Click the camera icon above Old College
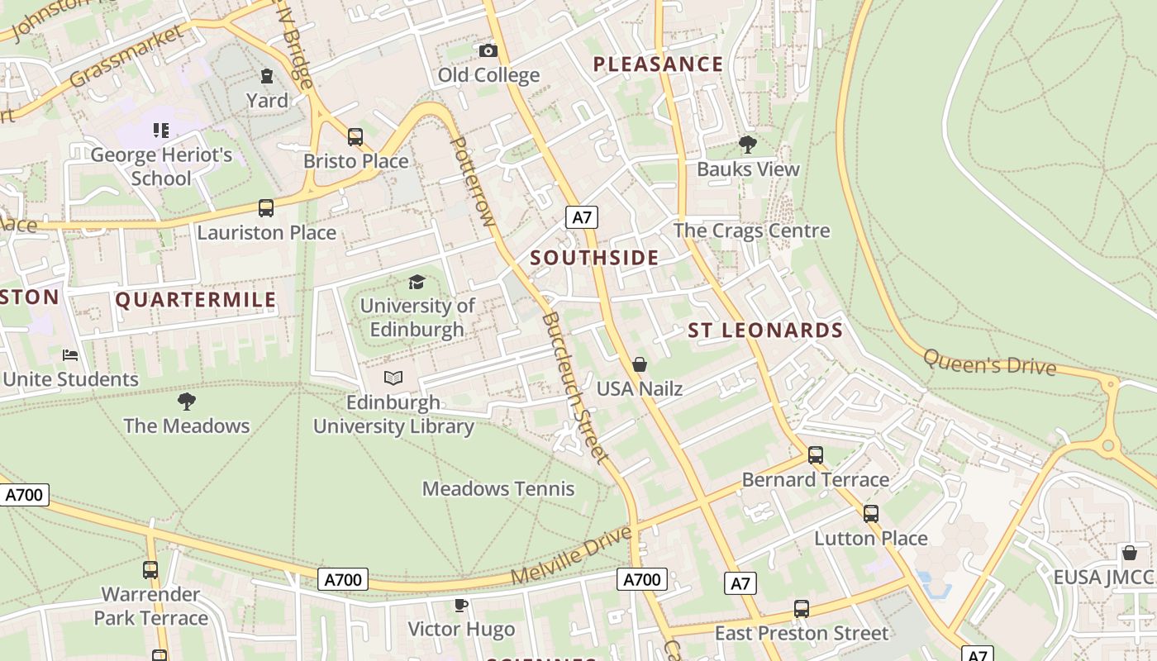(x=488, y=51)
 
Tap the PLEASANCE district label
(x=658, y=64)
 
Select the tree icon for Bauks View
(x=748, y=145)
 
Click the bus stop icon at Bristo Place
(x=355, y=137)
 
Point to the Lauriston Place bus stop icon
(x=266, y=208)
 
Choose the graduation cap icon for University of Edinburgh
(x=417, y=283)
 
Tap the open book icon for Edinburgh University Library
(x=393, y=378)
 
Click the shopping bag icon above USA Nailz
(x=639, y=364)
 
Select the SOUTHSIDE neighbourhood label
(x=594, y=258)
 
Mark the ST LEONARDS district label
(x=765, y=330)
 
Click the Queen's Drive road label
(x=989, y=362)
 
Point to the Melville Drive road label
(x=571, y=555)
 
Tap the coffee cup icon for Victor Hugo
(x=461, y=606)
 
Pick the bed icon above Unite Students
(x=70, y=355)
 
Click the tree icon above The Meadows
(x=187, y=402)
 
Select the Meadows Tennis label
(x=498, y=488)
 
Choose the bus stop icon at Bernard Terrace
(x=816, y=455)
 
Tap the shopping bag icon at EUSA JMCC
(x=1129, y=553)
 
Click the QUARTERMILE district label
(x=196, y=299)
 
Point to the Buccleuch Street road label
(x=575, y=387)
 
